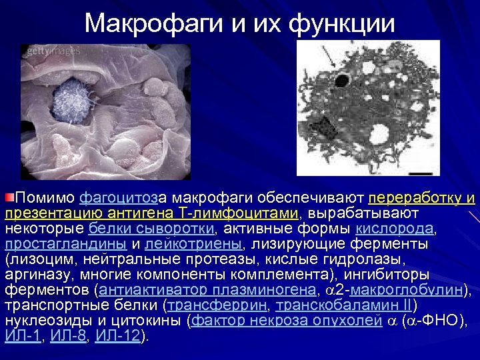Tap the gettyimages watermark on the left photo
(53, 51)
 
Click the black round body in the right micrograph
(341, 81)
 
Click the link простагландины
(66, 244)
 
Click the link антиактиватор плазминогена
(207, 290)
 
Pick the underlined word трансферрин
(216, 305)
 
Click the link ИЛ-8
(69, 336)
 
